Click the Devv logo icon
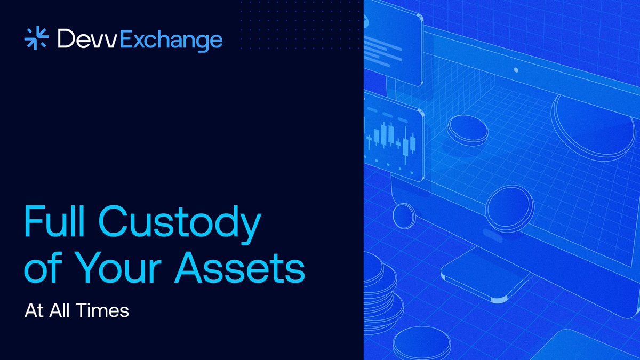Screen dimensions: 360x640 (x=37, y=39)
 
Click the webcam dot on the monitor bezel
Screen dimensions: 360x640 (x=516, y=70)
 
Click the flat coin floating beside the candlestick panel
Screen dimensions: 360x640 (x=467, y=130)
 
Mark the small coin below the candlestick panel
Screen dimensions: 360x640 (x=403, y=215)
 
